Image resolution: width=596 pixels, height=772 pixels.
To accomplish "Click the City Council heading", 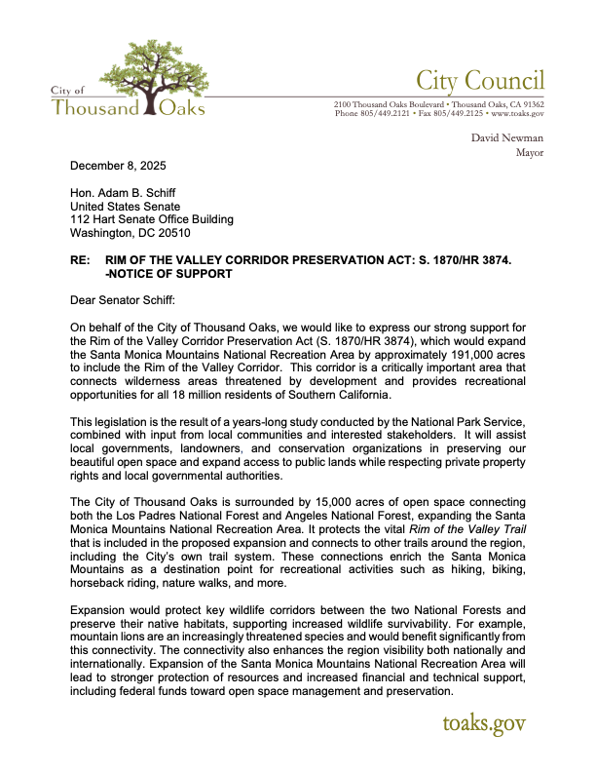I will [x=480, y=80].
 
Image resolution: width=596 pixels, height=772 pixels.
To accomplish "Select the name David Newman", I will [x=507, y=138].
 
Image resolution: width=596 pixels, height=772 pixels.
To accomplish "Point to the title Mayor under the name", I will [x=530, y=153].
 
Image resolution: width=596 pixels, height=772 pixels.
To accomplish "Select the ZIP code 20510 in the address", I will [x=170, y=234].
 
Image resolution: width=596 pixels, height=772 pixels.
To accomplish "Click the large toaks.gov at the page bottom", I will [x=484, y=724].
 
